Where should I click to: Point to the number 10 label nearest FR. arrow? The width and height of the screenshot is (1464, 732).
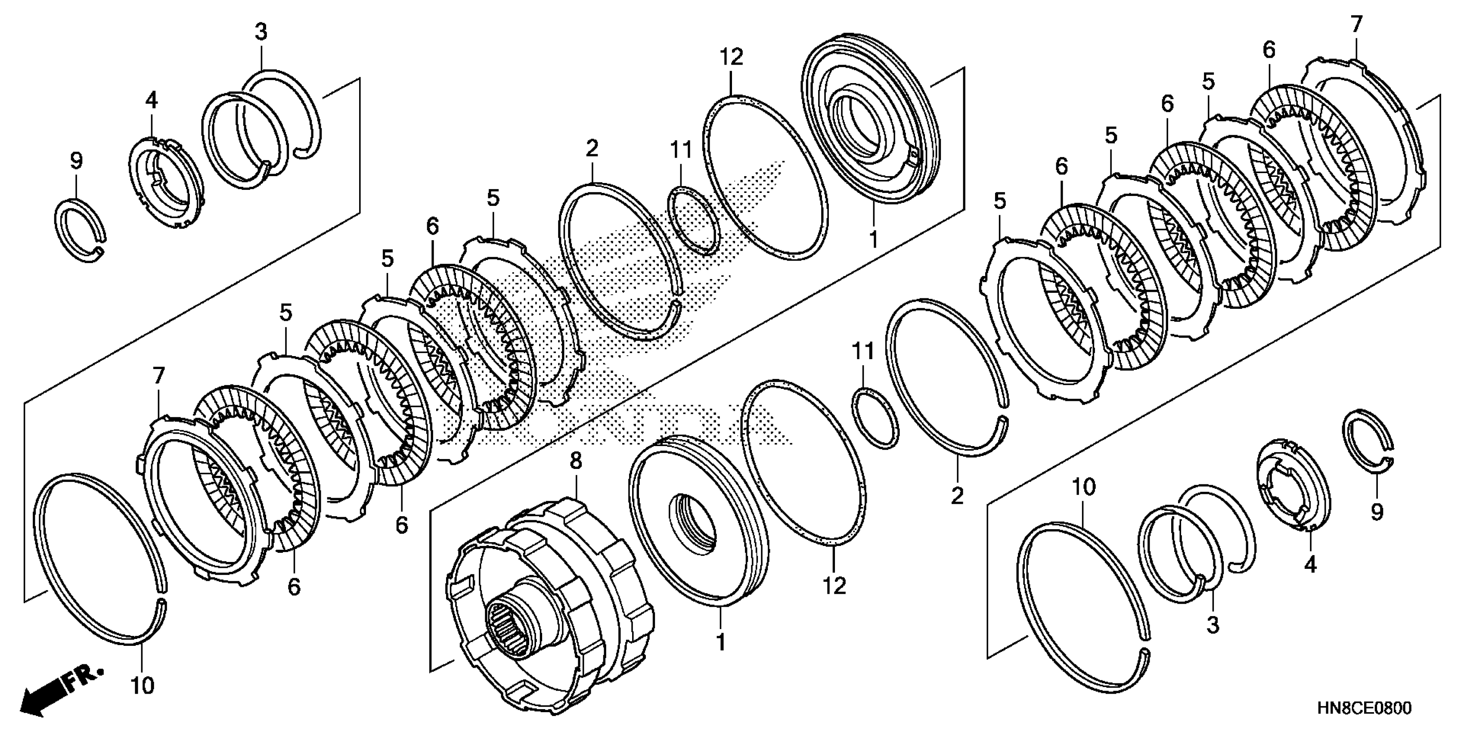[142, 686]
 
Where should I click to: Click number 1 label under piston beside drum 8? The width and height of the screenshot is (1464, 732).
[721, 642]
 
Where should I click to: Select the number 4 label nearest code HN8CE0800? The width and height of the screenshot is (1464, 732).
[1310, 565]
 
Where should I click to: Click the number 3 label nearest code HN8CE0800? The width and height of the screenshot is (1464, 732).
[1213, 625]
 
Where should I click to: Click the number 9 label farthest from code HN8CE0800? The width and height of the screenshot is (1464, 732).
[76, 161]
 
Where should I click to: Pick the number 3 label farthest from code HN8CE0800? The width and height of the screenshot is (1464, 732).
[261, 32]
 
